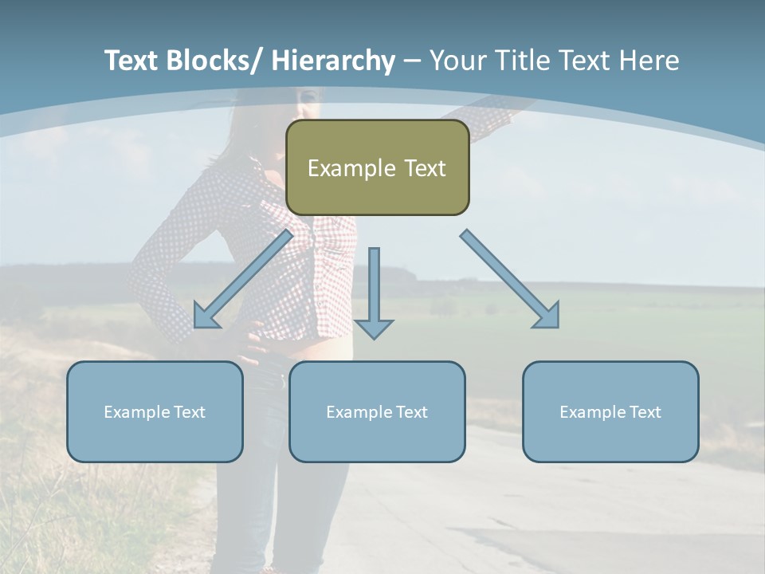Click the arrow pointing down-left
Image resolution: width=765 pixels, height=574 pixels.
[x=243, y=279]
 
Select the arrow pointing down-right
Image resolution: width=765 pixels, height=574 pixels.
[x=510, y=279]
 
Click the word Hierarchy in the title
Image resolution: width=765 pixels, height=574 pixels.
[x=333, y=61]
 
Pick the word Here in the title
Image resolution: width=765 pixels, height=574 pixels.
[x=649, y=61]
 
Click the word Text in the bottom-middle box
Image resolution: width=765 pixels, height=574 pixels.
[x=410, y=412]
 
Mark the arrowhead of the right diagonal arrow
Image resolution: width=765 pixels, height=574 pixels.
[x=548, y=317]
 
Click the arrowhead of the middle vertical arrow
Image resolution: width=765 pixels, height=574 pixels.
[x=374, y=328]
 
